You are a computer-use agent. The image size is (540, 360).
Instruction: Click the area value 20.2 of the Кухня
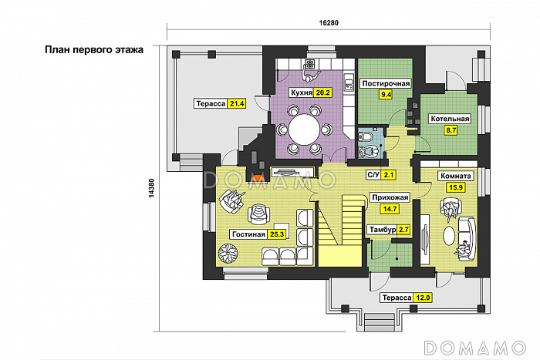[322, 93]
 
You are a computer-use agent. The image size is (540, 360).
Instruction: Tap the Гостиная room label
[248, 234]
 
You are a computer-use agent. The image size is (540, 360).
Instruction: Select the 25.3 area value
[277, 234]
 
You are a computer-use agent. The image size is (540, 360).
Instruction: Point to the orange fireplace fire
[258, 178]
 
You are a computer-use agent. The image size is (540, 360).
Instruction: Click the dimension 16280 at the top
[329, 22]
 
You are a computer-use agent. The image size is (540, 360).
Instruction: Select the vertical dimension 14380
[151, 188]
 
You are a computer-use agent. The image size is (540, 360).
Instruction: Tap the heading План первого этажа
[94, 50]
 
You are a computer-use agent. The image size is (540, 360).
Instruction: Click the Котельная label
[450, 119]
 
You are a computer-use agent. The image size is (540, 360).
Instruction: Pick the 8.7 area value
[451, 130]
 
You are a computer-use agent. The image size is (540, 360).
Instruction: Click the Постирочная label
[386, 83]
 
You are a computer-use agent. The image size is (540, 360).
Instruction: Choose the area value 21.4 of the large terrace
[237, 103]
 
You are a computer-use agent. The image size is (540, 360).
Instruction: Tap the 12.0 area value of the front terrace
[423, 298]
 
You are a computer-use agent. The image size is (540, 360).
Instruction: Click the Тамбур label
[383, 230]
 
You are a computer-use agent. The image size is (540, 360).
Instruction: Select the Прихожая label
[390, 197]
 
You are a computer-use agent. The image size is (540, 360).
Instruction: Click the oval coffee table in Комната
[449, 236]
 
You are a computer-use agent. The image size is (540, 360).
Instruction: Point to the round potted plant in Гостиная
[228, 254]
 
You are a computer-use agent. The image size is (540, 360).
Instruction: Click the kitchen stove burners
[310, 63]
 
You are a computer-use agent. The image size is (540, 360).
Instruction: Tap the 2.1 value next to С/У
[388, 175]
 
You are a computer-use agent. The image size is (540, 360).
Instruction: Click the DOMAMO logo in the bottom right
[475, 348]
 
